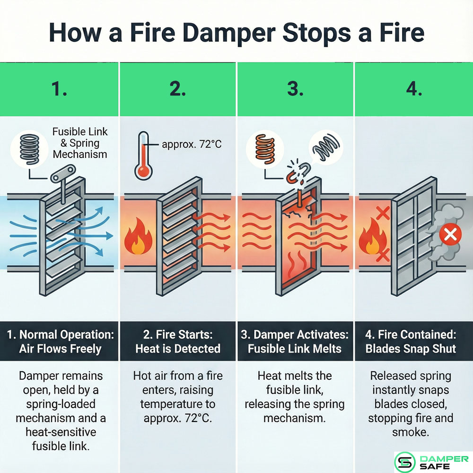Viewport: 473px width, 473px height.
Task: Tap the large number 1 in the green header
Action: pos(59,89)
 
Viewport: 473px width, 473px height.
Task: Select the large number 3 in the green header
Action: pos(295,89)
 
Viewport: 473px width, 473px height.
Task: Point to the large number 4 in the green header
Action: pos(414,89)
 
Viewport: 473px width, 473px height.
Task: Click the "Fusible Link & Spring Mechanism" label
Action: pos(79,142)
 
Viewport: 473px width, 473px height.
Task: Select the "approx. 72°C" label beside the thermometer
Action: pos(192,144)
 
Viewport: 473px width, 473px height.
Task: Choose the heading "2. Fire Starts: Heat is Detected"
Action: pos(177,342)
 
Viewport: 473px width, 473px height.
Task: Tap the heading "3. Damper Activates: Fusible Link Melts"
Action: pos(295,342)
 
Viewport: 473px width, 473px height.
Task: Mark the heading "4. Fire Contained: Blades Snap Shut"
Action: pos(414,342)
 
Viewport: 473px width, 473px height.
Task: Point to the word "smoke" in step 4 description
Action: pos(411,432)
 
